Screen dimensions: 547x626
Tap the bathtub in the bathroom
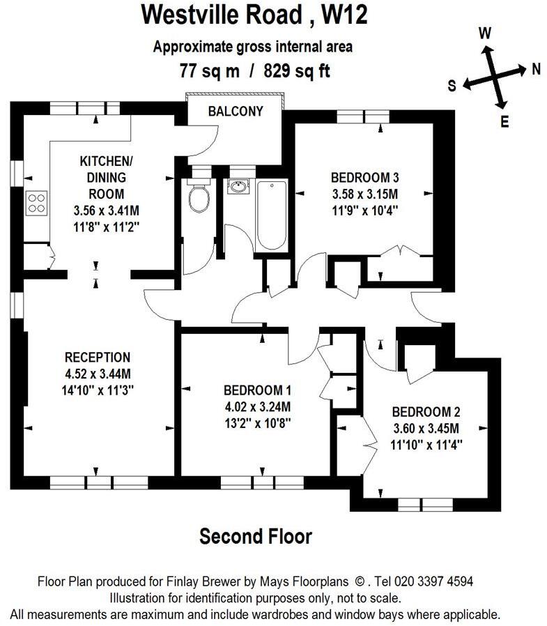(x=271, y=215)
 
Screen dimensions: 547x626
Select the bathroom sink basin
(x=238, y=186)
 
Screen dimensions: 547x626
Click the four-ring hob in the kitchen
(x=36, y=204)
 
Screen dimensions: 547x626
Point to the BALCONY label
(x=236, y=111)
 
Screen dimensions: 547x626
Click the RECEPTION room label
(x=98, y=357)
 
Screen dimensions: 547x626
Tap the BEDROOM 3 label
(x=364, y=177)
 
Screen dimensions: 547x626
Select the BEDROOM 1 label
(x=257, y=390)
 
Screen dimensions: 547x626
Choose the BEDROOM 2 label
(x=426, y=411)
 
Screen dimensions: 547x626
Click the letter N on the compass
(x=537, y=70)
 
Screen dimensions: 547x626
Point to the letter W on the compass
(x=485, y=33)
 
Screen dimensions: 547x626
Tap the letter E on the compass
(x=504, y=121)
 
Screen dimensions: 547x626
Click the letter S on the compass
(x=452, y=86)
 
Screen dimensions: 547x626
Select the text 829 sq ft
(x=297, y=71)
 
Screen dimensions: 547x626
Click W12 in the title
(x=345, y=15)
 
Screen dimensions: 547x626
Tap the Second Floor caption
(x=256, y=536)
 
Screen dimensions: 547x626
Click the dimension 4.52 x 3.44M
(x=98, y=374)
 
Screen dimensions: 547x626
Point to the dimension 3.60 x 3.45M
(x=426, y=429)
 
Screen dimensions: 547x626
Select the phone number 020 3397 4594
(x=433, y=581)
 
